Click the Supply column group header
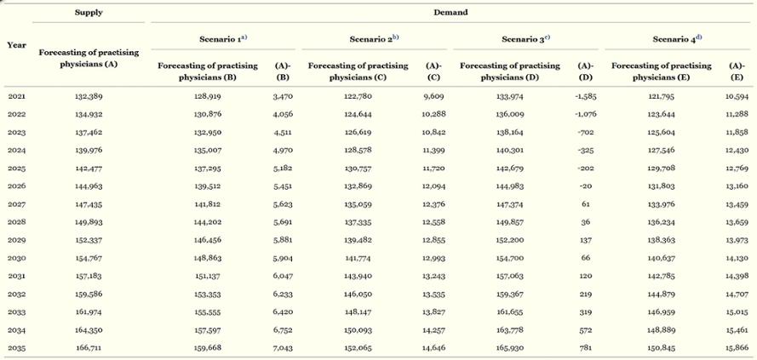(x=89, y=13)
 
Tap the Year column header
(x=16, y=45)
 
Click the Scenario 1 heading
(x=223, y=39)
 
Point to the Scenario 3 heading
(x=525, y=39)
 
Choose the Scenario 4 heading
(x=677, y=39)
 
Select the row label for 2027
(x=16, y=204)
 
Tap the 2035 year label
(x=16, y=348)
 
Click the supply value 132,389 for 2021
(x=89, y=96)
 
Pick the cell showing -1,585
(x=586, y=96)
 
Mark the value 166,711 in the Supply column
(x=89, y=348)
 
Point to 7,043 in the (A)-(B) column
(x=284, y=348)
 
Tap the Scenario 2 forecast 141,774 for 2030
(x=358, y=258)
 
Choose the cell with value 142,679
(x=510, y=169)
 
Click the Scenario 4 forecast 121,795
(x=662, y=96)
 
